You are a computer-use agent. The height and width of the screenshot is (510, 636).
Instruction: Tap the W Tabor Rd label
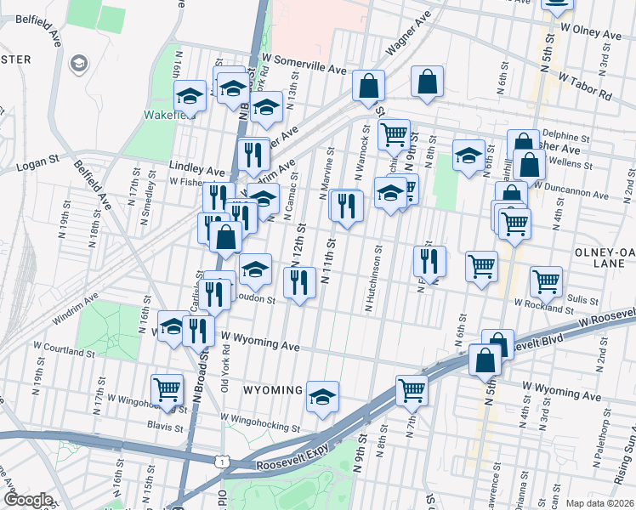point(585,84)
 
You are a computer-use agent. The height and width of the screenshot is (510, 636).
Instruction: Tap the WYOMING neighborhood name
point(274,390)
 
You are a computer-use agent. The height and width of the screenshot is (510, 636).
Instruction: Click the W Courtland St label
point(65,349)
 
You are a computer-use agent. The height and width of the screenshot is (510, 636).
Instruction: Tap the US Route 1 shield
point(220,460)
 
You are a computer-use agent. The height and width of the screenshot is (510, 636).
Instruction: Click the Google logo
point(27,500)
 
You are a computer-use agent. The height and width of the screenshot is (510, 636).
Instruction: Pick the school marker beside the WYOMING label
point(322,396)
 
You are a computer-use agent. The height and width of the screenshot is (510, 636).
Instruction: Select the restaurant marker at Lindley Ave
point(253,153)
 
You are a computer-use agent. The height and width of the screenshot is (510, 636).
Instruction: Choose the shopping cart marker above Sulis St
point(546,280)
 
